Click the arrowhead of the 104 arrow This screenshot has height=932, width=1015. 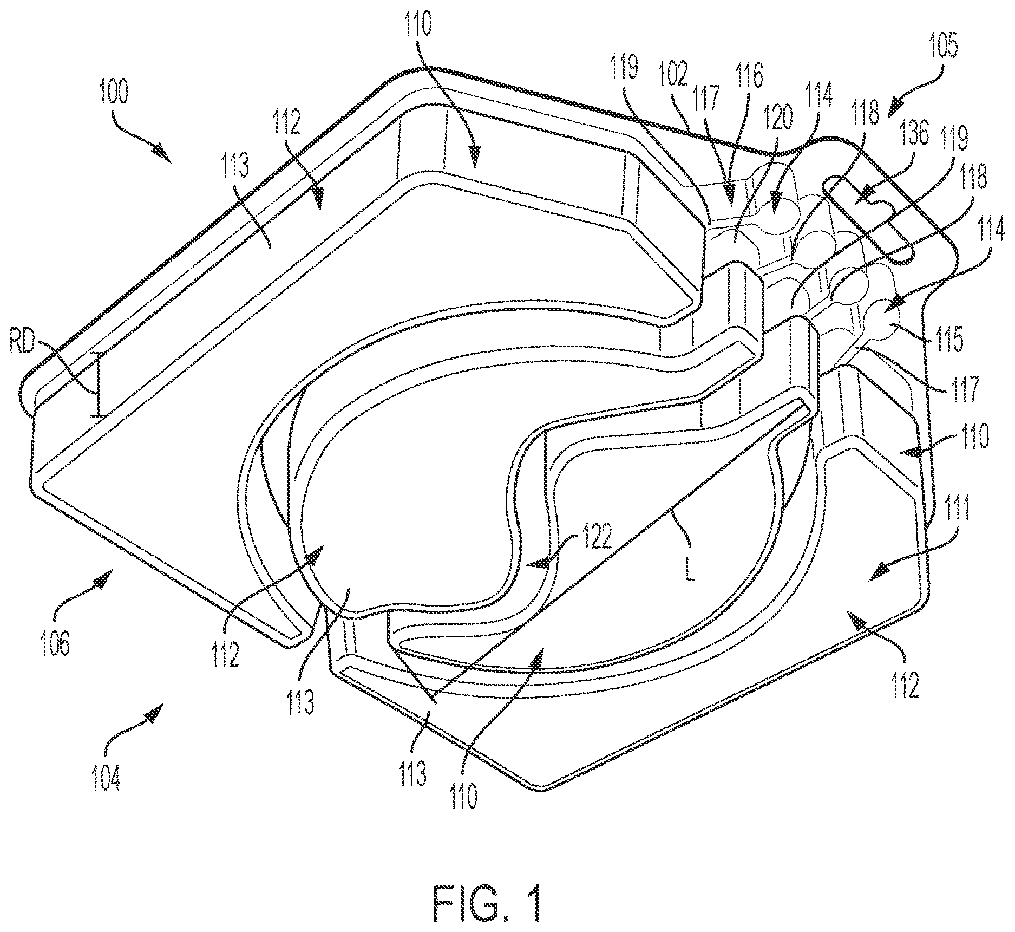pyautogui.click(x=156, y=711)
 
